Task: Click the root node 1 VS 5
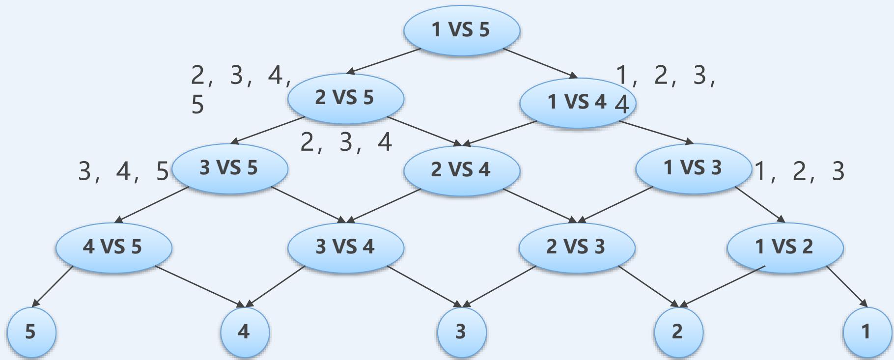tap(461, 30)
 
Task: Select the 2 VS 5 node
tap(345, 98)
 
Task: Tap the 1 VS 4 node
tap(577, 102)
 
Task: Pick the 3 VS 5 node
tap(229, 168)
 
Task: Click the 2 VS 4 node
tap(461, 170)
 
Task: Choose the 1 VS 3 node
tap(693, 168)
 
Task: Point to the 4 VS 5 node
tap(113, 246)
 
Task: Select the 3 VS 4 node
tap(345, 246)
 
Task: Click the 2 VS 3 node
tap(577, 246)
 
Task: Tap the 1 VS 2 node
tap(784, 246)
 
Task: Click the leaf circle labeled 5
tap(31, 332)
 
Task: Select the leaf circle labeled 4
tap(244, 332)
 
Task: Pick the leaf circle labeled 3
tap(461, 332)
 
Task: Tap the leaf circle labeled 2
tap(678, 332)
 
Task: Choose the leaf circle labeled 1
tap(866, 332)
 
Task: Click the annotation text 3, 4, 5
tap(123, 171)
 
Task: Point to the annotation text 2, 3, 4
tap(346, 142)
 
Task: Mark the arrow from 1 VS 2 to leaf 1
tap(846, 287)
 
